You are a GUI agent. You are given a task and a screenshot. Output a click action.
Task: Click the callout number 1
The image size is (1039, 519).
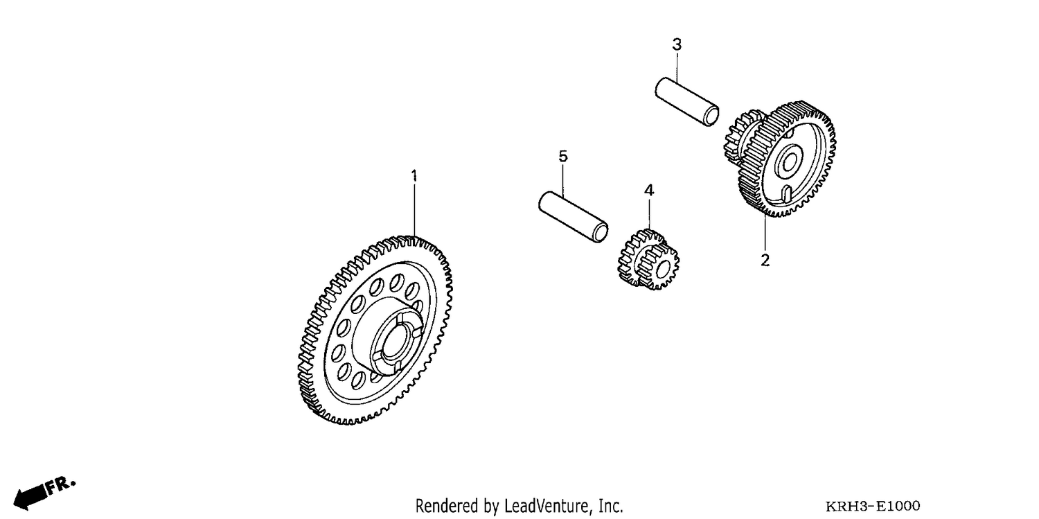414,175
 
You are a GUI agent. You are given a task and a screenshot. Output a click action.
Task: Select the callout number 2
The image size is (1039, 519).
765,261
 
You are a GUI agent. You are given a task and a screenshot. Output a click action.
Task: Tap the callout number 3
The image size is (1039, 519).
677,44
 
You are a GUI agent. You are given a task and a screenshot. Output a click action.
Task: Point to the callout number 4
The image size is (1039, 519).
649,190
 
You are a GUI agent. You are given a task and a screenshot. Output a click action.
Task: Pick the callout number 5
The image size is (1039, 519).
562,157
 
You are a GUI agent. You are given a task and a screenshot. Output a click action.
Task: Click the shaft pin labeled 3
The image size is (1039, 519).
687,102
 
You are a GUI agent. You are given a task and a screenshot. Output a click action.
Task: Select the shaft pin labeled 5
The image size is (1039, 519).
573,217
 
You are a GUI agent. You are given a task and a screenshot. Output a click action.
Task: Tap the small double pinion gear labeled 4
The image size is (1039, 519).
648,260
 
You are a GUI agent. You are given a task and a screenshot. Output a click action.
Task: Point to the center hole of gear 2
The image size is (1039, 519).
789,162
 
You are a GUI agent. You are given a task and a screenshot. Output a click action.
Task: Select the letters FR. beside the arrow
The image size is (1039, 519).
61,484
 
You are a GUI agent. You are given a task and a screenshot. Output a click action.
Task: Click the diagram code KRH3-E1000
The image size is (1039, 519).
873,506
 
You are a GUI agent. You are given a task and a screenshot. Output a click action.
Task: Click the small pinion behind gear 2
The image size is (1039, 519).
740,137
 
